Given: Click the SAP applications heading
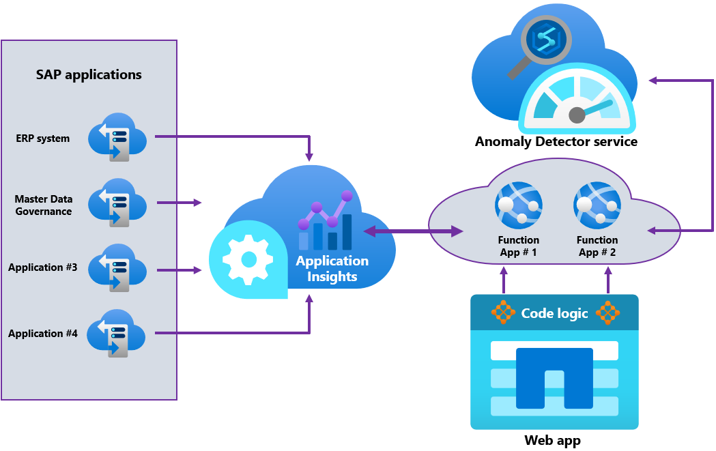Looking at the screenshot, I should coord(89,74).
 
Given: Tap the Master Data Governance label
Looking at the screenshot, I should coord(44,205).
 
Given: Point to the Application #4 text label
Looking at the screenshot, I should coord(43,334).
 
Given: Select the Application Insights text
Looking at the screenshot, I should coord(332,269).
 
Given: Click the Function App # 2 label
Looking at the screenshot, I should coord(597,246).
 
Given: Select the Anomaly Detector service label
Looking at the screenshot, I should coord(556,142).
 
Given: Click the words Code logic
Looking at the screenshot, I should coord(554,313).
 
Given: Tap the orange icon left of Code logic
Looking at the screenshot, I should coord(504,312).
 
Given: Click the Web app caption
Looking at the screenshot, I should coord(553,440).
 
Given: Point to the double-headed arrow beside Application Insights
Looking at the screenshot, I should coord(413,232).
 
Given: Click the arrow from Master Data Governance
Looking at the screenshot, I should coord(179,203).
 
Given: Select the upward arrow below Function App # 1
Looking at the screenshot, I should coord(504,279).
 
